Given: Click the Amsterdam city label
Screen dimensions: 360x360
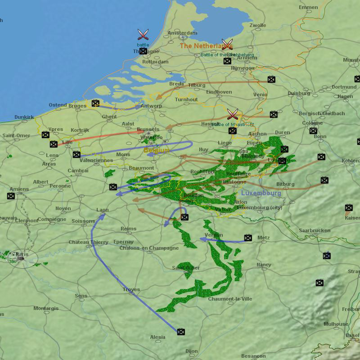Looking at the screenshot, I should pos(182,33).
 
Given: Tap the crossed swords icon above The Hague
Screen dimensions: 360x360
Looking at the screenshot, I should pos(143,34).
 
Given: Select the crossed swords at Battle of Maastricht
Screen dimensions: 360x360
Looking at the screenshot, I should pos(232,114).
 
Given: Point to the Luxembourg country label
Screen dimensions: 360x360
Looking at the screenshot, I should pos(261,193).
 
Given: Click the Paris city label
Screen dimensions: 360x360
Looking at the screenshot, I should pos(22,255).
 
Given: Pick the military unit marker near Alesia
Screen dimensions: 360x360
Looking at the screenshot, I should pos(181,332).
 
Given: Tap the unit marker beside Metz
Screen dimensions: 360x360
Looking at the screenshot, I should pos(248,238).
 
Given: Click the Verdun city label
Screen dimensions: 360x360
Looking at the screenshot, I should pos(213,235).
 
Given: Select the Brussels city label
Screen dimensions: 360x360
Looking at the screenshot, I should pos(148,130).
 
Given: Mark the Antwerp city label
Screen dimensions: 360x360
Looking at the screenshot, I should pos(151,106).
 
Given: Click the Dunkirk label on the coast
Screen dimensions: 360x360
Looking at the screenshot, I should pos(24,117).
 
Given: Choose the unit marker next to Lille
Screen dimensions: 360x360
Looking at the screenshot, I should pos(54,144).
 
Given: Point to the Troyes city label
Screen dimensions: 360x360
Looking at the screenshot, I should pos(131,290).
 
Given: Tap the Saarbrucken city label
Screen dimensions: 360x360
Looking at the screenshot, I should pos(315,230).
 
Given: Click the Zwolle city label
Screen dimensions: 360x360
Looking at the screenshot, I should pos(258,26).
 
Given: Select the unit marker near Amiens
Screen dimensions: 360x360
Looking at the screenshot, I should pos(11,196).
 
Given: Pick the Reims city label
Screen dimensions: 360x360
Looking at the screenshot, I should pos(129,229).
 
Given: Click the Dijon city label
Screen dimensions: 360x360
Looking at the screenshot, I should pos(191,351).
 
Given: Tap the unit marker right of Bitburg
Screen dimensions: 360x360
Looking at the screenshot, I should pos(324,180).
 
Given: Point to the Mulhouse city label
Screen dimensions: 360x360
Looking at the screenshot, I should pos(336,324).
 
